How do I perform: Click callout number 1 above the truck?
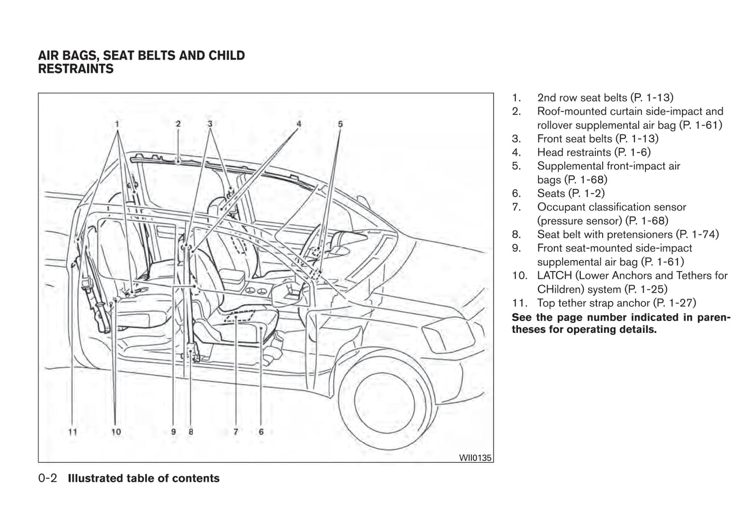click(x=117, y=124)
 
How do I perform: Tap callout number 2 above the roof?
click(x=178, y=124)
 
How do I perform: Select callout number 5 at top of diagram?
click(x=340, y=124)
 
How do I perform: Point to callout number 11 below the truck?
click(x=73, y=431)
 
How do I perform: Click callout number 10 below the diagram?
click(x=116, y=431)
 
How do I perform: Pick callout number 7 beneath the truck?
click(x=236, y=431)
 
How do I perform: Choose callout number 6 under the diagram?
click(x=261, y=431)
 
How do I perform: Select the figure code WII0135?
click(x=475, y=458)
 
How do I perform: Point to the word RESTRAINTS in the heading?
click(x=76, y=69)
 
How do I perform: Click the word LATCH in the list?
click(x=554, y=276)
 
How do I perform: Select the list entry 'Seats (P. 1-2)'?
click(x=571, y=193)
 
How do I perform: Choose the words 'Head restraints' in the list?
click(x=574, y=152)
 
